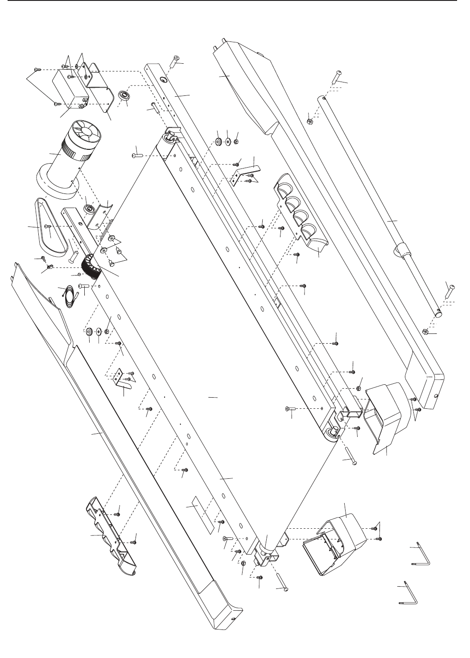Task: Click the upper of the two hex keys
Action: pyautogui.click(x=420, y=553)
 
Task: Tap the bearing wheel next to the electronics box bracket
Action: pyautogui.click(x=123, y=96)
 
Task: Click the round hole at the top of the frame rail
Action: pyautogui.click(x=162, y=79)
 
